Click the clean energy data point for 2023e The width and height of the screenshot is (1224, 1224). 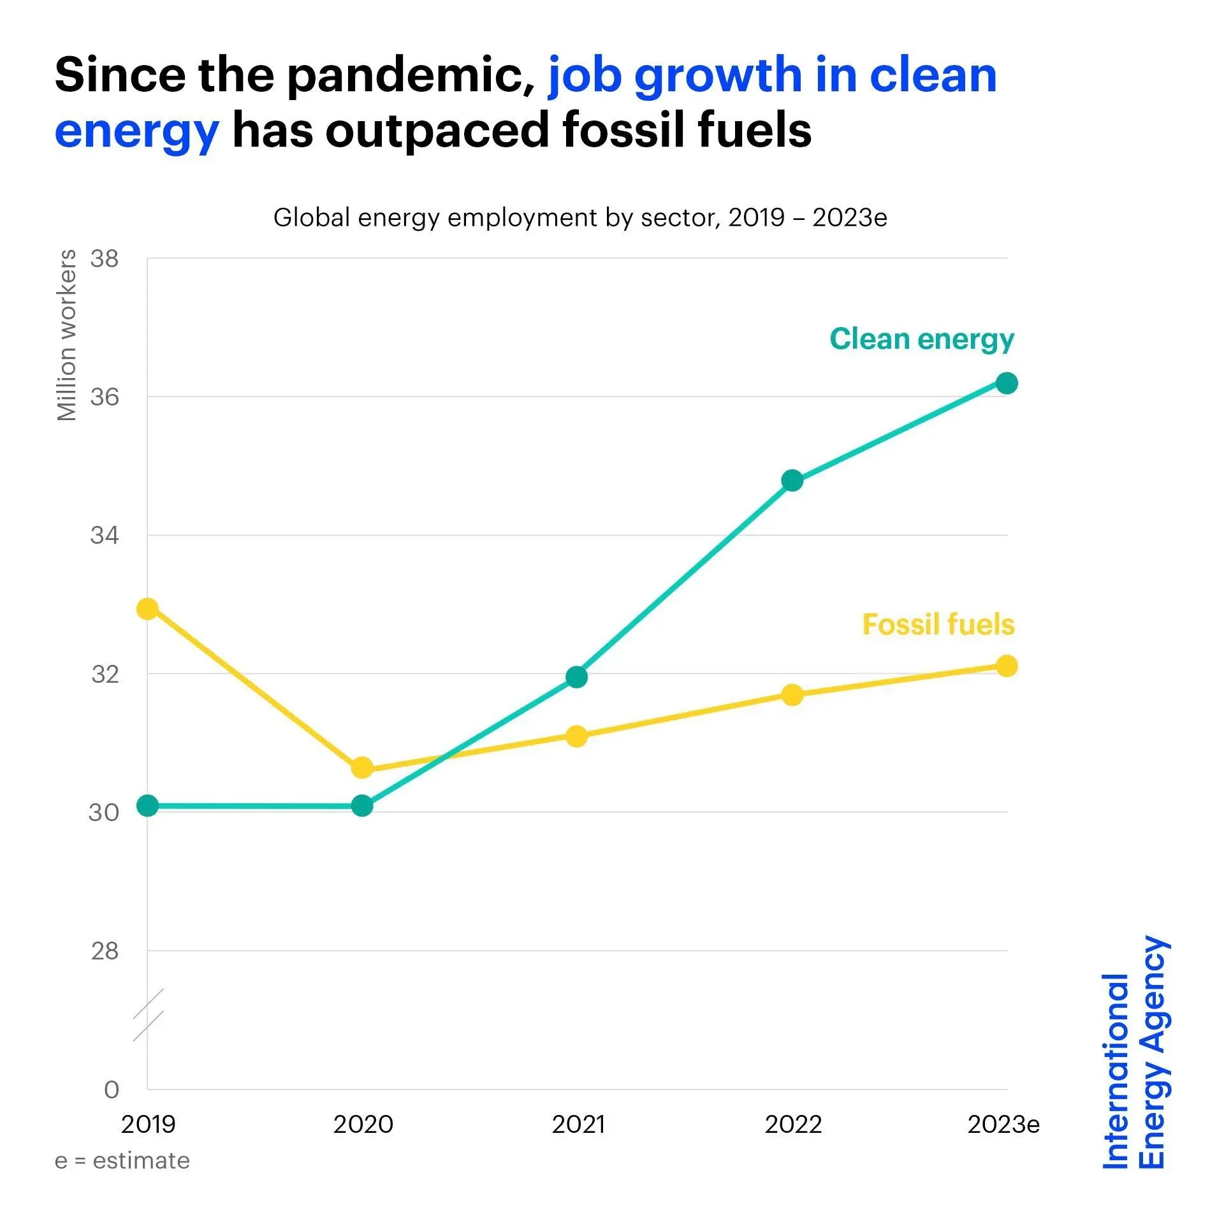click(1006, 383)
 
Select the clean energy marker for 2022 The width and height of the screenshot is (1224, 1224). click(792, 480)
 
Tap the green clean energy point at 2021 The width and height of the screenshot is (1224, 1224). click(576, 676)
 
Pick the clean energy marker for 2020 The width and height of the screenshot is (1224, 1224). click(362, 806)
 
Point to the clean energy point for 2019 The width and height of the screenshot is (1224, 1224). click(147, 806)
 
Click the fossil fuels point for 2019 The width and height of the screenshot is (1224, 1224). click(147, 609)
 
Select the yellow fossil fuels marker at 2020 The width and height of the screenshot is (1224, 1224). click(362, 768)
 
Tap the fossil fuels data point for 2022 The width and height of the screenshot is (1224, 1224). click(792, 694)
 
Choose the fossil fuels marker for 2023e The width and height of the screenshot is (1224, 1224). click(1006, 666)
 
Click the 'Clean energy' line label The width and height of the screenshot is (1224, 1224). click(921, 339)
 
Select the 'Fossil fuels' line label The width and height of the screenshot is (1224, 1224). click(938, 624)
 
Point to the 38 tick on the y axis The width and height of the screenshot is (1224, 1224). click(105, 259)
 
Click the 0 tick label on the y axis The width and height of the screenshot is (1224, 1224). click(112, 1089)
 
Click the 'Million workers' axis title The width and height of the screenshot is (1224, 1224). click(67, 335)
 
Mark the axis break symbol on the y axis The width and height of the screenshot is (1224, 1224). click(148, 1014)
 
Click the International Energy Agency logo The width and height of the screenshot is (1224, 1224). click(1135, 1053)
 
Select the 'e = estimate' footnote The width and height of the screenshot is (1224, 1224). click(122, 1161)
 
